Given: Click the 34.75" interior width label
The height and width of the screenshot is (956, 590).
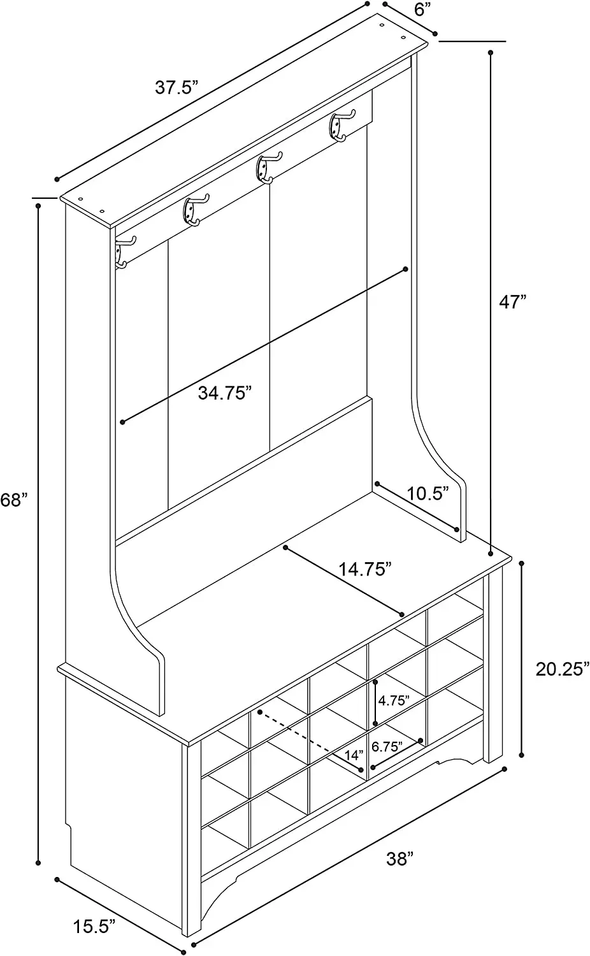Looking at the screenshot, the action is [x=222, y=393].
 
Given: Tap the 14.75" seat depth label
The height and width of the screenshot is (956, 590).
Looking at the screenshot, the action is [x=364, y=569].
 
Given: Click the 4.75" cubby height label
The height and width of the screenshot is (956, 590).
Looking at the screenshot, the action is [x=394, y=700].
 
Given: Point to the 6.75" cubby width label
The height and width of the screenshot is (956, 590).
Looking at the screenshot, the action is [x=387, y=746].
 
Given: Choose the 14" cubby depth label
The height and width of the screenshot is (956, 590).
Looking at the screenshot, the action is [x=354, y=755].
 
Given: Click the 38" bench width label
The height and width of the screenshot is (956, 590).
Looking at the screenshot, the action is [x=399, y=858].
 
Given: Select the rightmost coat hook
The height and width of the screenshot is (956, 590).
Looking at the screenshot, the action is [x=340, y=126].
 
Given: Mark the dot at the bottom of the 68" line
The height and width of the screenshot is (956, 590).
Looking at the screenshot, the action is [x=38, y=863].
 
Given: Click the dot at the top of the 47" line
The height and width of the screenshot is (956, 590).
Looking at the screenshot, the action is [x=490, y=53].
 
